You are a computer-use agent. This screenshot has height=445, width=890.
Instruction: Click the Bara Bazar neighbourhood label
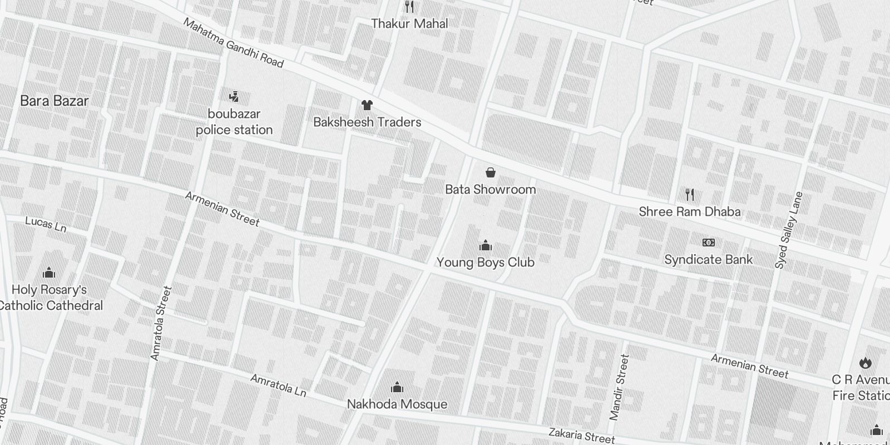54,101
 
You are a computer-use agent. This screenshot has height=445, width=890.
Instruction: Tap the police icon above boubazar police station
234,96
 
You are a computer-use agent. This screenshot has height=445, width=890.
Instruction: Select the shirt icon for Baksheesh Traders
367,105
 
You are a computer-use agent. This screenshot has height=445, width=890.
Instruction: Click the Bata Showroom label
490,189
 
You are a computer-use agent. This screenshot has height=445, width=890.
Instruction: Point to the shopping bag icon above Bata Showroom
490,172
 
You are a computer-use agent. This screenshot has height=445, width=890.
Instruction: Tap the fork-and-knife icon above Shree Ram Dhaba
690,194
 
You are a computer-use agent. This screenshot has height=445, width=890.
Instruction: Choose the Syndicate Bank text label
708,260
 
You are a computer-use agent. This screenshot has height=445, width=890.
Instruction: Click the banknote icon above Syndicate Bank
708,243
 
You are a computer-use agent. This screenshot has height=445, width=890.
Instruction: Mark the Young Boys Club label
485,262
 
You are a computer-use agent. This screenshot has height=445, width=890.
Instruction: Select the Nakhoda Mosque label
397,404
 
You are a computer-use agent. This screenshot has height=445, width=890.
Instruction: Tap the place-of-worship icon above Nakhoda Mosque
397,387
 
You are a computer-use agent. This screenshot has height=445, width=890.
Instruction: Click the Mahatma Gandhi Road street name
233,43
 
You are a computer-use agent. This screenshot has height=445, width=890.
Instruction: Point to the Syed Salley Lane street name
789,230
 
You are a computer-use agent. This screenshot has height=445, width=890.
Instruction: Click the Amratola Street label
161,323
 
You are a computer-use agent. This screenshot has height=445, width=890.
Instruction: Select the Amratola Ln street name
278,385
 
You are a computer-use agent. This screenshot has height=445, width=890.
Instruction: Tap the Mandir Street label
619,387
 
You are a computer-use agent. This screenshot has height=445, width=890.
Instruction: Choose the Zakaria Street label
581,435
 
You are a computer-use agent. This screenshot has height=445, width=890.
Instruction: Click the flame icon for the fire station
864,363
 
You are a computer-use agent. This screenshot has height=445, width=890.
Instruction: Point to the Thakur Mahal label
409,24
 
